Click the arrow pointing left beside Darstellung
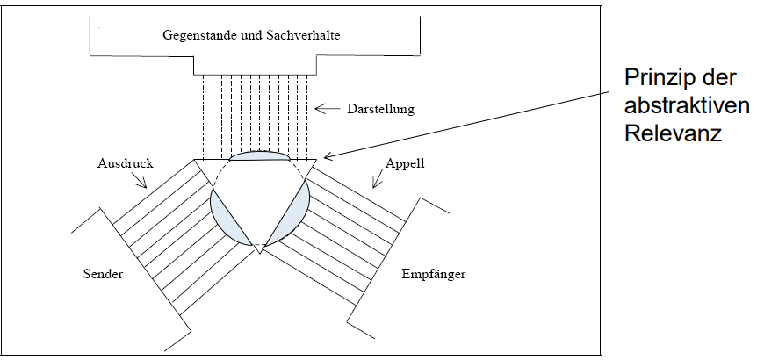[x=326, y=110]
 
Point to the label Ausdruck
[x=119, y=164]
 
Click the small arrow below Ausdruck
[x=139, y=181]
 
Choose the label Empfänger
[x=432, y=274]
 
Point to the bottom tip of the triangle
[x=258, y=253]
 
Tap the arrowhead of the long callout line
[x=326, y=158]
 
